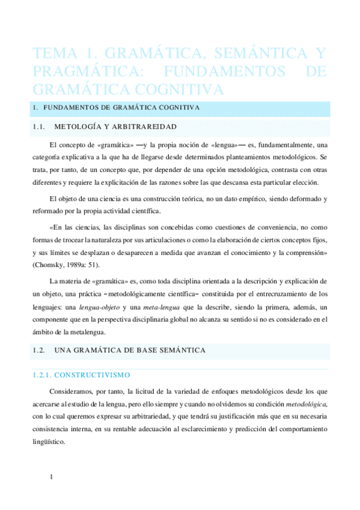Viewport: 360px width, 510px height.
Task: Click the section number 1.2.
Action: click(39, 349)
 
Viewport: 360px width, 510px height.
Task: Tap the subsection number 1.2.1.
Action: click(43, 375)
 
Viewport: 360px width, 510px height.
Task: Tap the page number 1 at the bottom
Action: click(52, 478)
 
